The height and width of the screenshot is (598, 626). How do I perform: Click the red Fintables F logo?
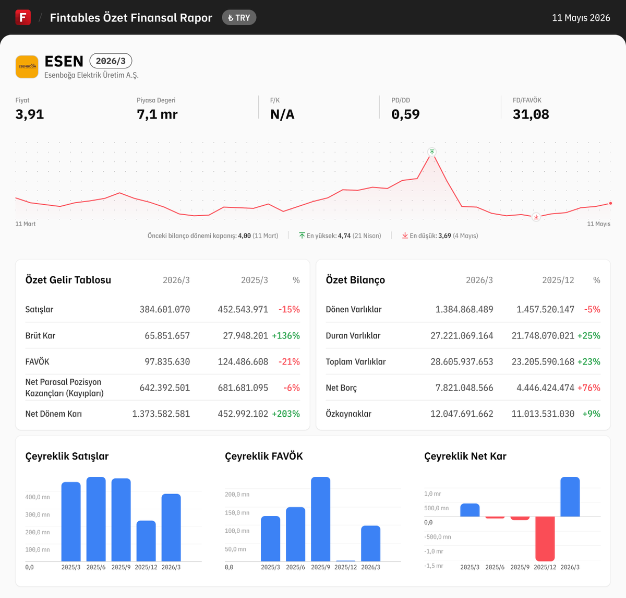[x=23, y=17]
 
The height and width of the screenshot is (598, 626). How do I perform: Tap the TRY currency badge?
[x=239, y=18]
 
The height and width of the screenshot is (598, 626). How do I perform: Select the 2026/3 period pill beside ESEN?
[x=111, y=61]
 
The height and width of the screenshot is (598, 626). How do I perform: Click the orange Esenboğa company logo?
[x=27, y=67]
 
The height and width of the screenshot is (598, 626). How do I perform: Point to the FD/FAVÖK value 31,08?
[x=531, y=114]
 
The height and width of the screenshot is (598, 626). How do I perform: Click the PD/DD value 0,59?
[x=405, y=114]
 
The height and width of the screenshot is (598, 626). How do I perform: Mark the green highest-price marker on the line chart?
[x=432, y=152]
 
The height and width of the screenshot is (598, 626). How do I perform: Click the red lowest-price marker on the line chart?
[x=536, y=217]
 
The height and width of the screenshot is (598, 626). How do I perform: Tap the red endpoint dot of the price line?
[x=610, y=203]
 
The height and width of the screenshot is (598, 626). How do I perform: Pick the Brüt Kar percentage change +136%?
[x=286, y=336]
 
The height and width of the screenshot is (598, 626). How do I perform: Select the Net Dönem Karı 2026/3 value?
[x=161, y=414]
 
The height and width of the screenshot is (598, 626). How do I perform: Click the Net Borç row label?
[x=341, y=388]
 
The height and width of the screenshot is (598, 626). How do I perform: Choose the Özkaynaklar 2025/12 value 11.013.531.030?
[x=543, y=414]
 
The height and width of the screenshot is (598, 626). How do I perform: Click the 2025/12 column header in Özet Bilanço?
[x=558, y=280]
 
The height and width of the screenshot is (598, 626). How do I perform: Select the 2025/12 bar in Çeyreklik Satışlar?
[x=146, y=541]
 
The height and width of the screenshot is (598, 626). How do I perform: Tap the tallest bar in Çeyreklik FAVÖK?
[x=321, y=519]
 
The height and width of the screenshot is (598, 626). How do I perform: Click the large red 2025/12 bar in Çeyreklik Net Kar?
[x=545, y=538]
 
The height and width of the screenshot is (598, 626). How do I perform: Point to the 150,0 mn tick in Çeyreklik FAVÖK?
[x=237, y=512]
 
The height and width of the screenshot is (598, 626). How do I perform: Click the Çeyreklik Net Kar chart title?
[x=465, y=456]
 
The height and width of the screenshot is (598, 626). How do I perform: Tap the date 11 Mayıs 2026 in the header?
[x=581, y=18]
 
